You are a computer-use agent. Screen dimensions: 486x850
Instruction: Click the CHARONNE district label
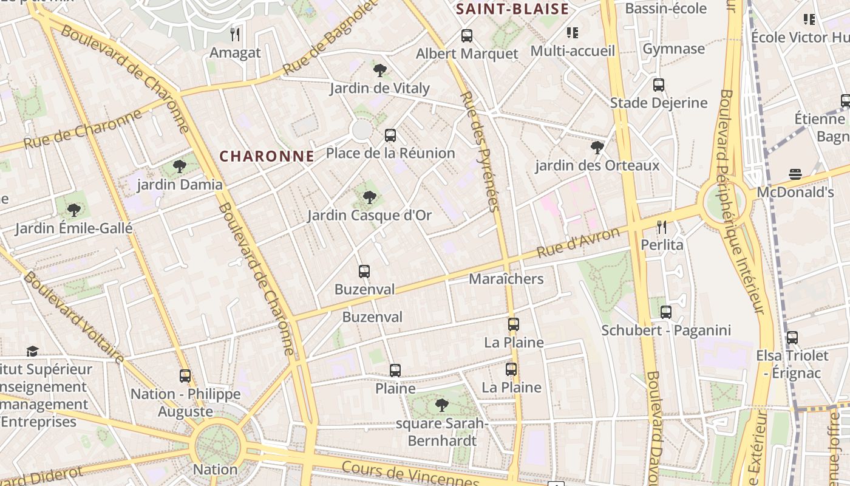267,156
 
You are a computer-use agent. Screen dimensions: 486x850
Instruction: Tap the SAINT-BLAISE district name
512,9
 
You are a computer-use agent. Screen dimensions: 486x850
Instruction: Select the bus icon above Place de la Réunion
390,135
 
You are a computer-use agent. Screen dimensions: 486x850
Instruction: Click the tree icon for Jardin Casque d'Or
369,197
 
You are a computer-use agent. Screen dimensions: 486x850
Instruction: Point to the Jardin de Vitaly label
379,88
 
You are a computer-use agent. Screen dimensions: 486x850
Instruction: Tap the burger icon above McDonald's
795,175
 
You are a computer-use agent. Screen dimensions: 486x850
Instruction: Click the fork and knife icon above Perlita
662,227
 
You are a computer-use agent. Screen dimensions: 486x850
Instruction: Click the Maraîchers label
506,279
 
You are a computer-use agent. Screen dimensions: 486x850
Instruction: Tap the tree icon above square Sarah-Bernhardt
442,405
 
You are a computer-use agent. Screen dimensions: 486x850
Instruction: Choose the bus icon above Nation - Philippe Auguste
185,376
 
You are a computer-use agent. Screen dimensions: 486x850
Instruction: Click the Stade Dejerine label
659,103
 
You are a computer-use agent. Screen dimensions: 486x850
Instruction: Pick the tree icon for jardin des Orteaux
597,147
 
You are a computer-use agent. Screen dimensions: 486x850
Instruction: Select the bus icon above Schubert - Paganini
666,312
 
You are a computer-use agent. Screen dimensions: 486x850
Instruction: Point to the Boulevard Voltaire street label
73,318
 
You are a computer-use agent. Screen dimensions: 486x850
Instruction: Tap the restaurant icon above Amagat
236,34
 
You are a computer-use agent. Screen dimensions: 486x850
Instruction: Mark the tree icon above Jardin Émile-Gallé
74,210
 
